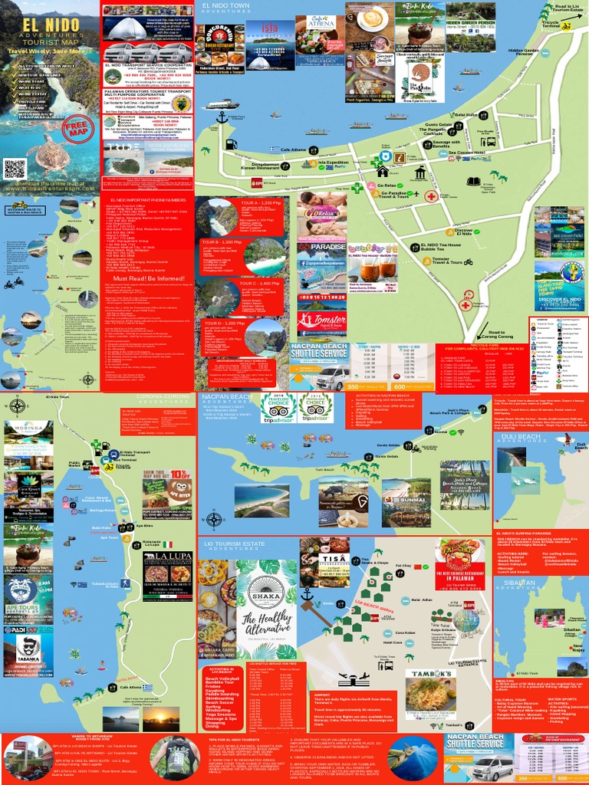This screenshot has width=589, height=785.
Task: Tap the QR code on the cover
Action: (x=15, y=169)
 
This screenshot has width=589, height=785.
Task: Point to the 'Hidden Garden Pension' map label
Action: (x=524, y=51)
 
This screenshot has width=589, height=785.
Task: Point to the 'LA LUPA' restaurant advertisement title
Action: (x=170, y=556)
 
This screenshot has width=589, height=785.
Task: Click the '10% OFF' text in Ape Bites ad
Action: (x=181, y=472)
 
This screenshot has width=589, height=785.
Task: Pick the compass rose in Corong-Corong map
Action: (x=16, y=406)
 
